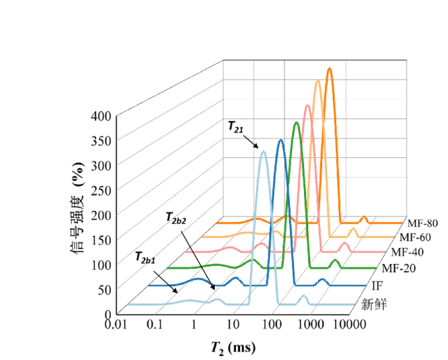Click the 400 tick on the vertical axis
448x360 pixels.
point(101,116)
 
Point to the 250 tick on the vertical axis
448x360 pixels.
point(101,189)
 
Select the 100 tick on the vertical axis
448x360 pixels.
point(101,264)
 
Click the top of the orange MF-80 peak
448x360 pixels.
point(329,68)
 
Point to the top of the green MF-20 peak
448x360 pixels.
point(297,123)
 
